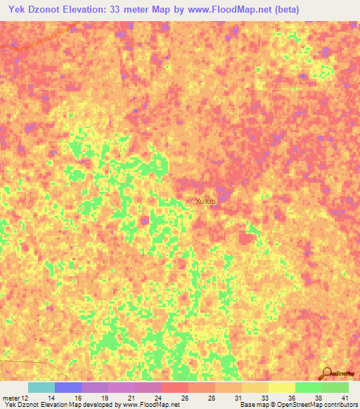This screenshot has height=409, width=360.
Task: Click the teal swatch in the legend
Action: pos(41,387)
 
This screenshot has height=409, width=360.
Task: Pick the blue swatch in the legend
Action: pos(68,387)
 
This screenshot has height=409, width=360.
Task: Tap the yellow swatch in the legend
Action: pos(282,387)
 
